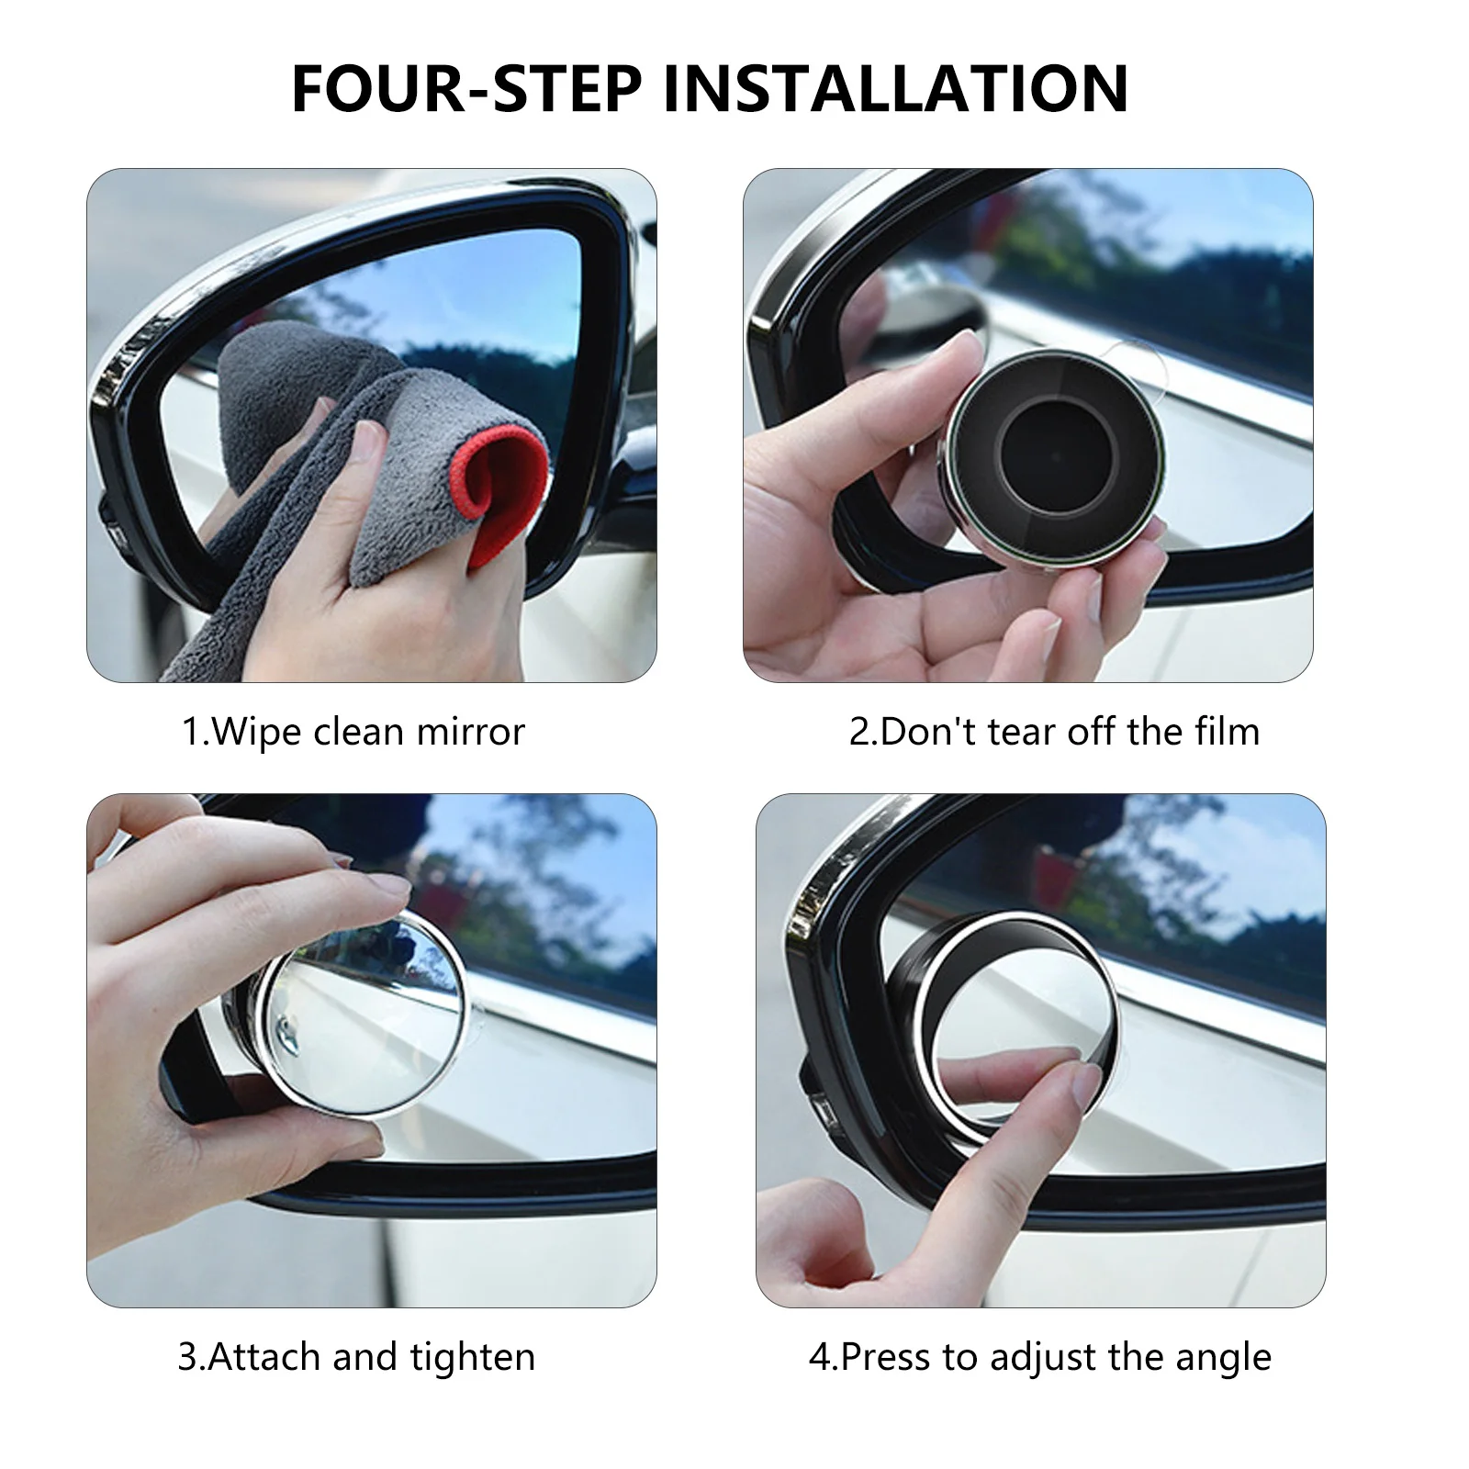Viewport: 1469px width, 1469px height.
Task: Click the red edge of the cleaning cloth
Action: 503,496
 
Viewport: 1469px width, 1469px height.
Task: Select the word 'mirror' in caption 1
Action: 471,732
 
